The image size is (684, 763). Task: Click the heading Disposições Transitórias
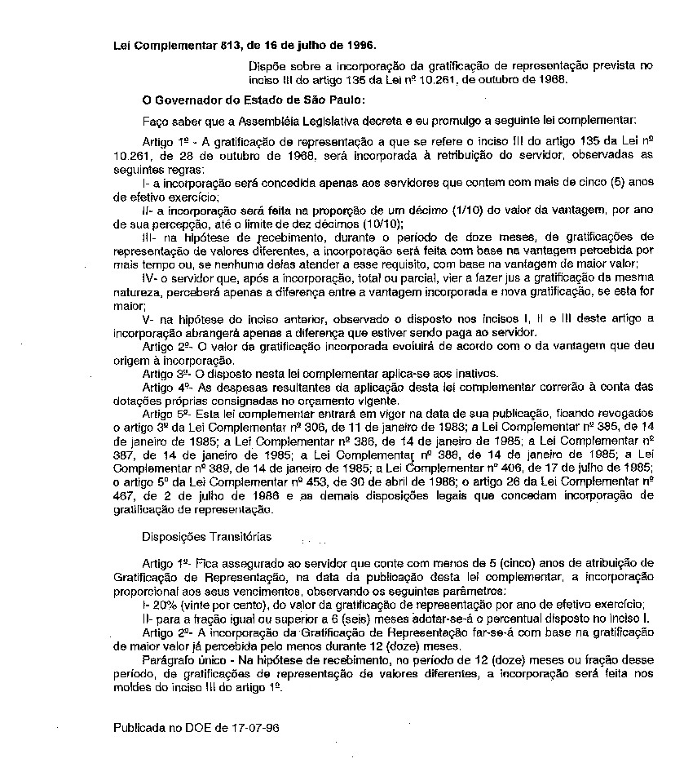coord(206,538)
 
